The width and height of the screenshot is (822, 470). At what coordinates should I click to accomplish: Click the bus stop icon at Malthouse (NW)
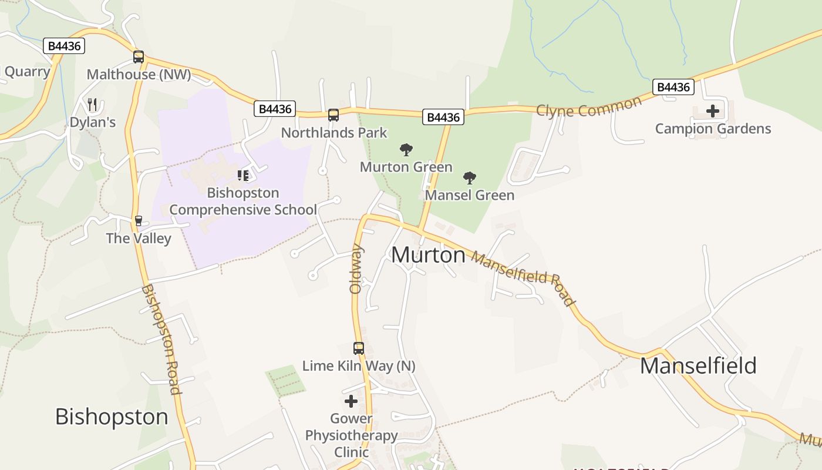(x=139, y=57)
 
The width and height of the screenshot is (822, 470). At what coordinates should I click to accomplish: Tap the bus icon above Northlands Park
(x=333, y=115)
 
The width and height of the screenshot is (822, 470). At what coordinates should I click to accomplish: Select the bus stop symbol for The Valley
(x=139, y=221)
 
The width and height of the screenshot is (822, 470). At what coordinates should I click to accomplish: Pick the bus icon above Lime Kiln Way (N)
(x=359, y=348)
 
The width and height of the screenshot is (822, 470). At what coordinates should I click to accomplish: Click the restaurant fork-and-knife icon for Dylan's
(x=92, y=105)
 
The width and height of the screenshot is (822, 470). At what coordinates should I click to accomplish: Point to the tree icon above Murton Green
(x=406, y=150)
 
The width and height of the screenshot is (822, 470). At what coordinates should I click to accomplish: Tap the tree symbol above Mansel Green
(x=469, y=178)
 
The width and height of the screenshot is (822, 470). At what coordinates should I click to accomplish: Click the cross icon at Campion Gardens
(x=712, y=111)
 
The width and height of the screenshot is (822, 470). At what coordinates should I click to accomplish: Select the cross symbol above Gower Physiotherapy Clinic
(x=351, y=402)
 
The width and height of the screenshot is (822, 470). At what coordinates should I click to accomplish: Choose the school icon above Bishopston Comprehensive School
(x=242, y=175)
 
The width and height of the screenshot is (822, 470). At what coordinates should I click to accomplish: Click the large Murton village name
(x=428, y=255)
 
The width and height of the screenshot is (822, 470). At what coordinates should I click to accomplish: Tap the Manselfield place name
(x=698, y=365)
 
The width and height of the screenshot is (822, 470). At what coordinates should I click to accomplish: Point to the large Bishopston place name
(x=112, y=417)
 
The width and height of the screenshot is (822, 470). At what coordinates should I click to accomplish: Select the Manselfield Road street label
(x=522, y=278)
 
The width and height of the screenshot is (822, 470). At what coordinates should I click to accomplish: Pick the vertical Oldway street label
(x=356, y=269)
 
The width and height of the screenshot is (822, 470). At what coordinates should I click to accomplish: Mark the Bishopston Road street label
(x=160, y=339)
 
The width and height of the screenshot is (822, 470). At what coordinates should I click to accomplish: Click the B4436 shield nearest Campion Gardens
(x=673, y=88)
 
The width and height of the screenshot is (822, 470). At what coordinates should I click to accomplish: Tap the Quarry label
(x=27, y=72)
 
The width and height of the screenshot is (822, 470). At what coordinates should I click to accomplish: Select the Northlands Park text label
(x=334, y=133)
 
